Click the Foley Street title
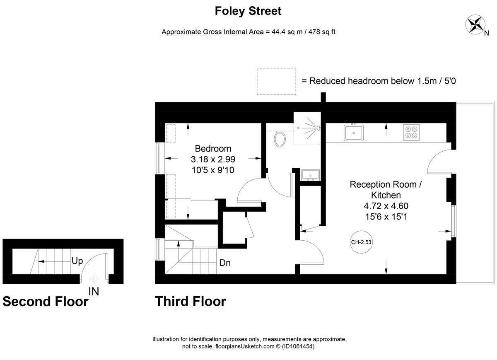pyautogui.click(x=248, y=11)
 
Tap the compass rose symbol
pyautogui.click(x=475, y=24)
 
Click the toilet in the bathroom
pyautogui.click(x=279, y=139)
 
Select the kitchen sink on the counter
pyautogui.click(x=354, y=133)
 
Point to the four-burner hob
pyautogui.click(x=411, y=132)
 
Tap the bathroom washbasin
pyautogui.click(x=310, y=175)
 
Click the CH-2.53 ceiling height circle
pyautogui.click(x=361, y=242)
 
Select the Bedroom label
pyautogui.click(x=213, y=148)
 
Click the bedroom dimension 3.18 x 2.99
pyautogui.click(x=213, y=159)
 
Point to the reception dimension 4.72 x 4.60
pyautogui.click(x=386, y=206)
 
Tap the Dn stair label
pyautogui.click(x=225, y=263)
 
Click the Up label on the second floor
pyautogui.click(x=77, y=261)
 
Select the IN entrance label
pyautogui.click(x=94, y=291)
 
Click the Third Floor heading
pyautogui.click(x=191, y=301)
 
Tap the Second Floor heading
pyautogui.click(x=46, y=301)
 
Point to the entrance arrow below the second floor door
pyautogui.click(x=94, y=279)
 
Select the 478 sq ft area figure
pyautogui.click(x=322, y=32)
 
